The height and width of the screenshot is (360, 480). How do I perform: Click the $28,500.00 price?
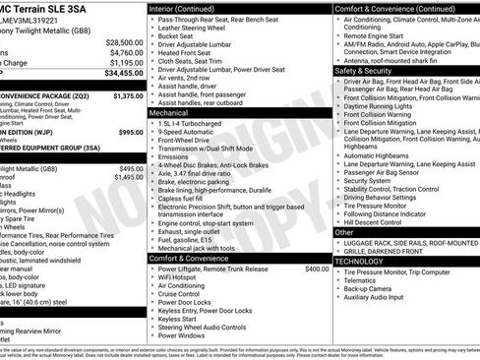124,42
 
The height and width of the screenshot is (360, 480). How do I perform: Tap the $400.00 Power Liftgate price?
317,269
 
